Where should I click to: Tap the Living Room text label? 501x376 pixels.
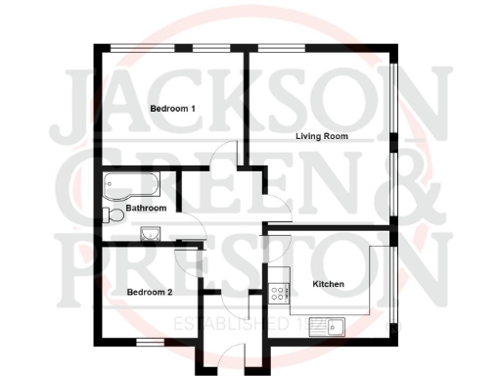(x=322, y=136)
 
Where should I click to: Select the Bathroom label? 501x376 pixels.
(x=146, y=209)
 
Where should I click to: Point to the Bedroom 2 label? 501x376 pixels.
(x=150, y=292)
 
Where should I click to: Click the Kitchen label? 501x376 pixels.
(x=328, y=284)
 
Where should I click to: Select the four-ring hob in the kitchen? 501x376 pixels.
(x=278, y=291)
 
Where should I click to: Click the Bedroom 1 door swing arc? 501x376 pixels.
(x=227, y=155)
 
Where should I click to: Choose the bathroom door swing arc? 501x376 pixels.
(x=195, y=230)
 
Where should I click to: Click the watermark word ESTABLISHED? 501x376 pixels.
(x=229, y=323)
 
